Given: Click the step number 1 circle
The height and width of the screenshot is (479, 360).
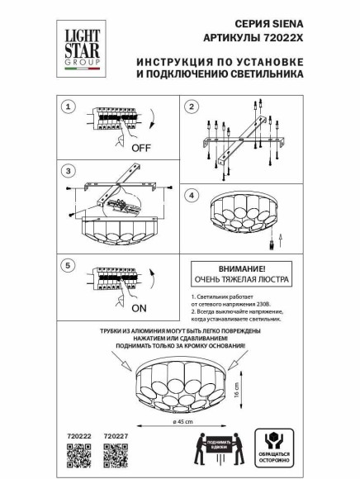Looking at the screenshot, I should [x=70, y=107].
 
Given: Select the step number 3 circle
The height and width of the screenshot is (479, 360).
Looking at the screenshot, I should [x=70, y=170].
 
